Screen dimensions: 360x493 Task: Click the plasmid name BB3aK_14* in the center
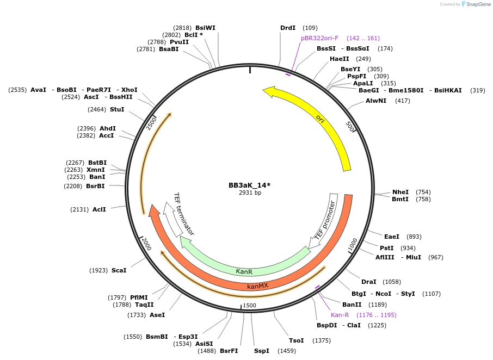tap(249, 185)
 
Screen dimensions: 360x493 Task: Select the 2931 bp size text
tap(250, 193)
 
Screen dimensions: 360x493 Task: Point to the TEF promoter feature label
tap(325, 221)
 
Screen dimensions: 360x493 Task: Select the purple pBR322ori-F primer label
tap(319, 38)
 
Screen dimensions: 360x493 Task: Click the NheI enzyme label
tap(400, 192)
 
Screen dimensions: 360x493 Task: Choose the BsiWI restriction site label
tap(205, 28)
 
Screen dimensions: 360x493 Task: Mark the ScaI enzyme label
tap(119, 270)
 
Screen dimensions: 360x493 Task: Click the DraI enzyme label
tap(368, 282)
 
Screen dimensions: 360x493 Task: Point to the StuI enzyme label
tap(117, 109)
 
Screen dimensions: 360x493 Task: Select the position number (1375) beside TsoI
tap(322, 340)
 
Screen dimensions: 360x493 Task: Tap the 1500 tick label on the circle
tap(249, 306)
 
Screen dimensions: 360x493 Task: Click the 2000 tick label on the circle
tap(146, 244)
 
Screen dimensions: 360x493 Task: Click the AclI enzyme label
tap(99, 209)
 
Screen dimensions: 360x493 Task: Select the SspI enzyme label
tap(261, 351)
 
